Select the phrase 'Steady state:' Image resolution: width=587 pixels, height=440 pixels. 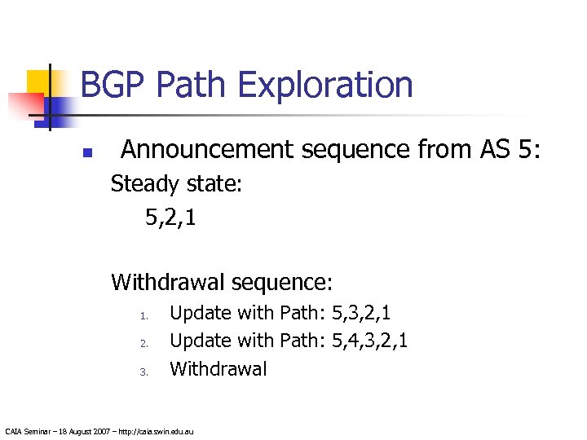[176, 185]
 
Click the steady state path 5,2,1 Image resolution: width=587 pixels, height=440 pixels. [170, 218]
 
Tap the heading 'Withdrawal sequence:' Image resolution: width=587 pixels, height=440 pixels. [222, 283]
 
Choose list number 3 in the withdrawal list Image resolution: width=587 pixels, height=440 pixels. [141, 372]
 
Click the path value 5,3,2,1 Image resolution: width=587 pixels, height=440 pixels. [362, 313]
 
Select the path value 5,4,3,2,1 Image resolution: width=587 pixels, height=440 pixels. [370, 341]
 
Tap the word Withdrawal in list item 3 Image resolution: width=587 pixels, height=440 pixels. [218, 369]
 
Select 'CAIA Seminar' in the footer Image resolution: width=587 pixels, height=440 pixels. [26, 430]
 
